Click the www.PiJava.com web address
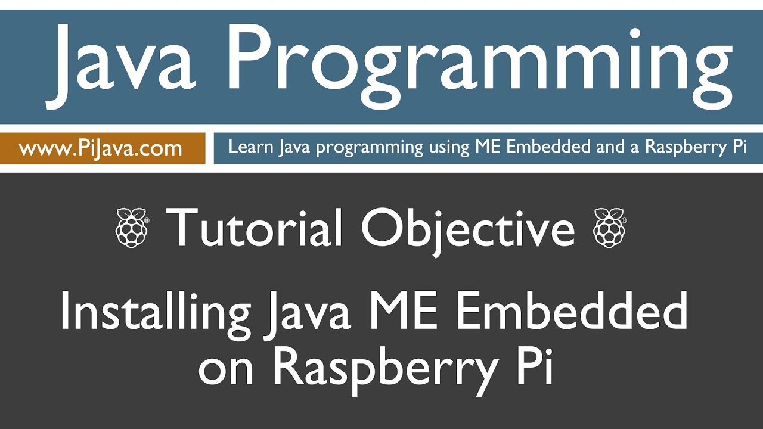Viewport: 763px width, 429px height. [100, 148]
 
